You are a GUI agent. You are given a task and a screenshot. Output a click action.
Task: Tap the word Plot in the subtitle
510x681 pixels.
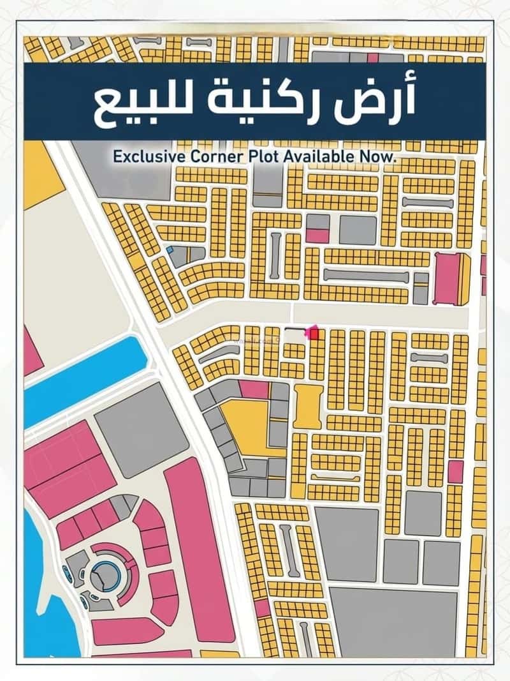[x=245, y=156]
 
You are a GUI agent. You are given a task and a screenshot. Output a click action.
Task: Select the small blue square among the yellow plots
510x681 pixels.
[x=170, y=251]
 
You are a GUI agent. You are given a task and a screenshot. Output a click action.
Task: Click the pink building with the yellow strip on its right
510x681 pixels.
[x=449, y=278]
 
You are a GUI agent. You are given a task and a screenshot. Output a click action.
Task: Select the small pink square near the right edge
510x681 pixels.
[x=455, y=472]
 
